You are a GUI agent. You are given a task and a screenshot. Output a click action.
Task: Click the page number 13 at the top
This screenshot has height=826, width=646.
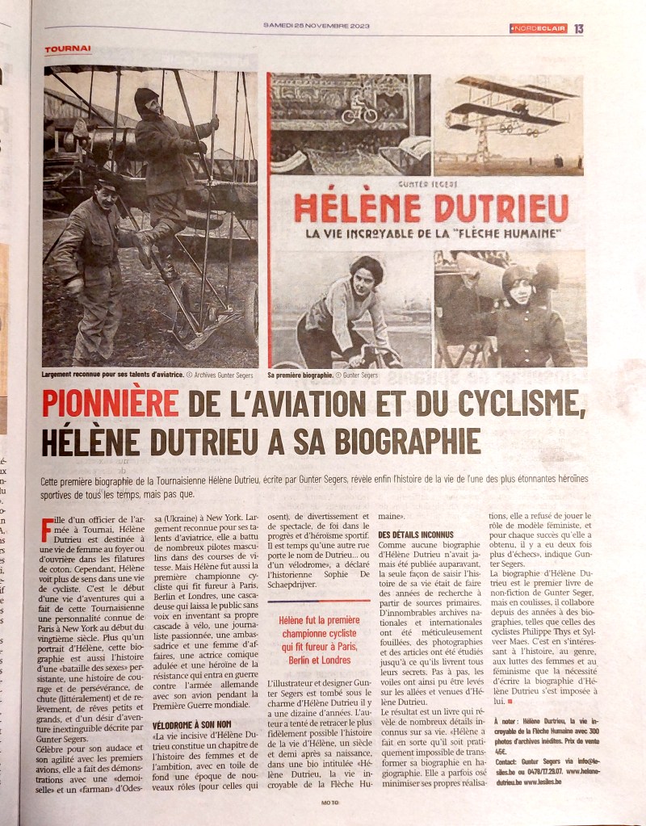coord(579,28)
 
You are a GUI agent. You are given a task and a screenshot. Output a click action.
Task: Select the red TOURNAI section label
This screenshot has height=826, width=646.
coord(68,49)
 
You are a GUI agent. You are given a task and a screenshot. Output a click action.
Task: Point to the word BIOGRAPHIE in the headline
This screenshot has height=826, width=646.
coord(388,441)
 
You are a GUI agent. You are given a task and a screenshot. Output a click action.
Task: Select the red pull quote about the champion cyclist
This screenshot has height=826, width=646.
coord(320,641)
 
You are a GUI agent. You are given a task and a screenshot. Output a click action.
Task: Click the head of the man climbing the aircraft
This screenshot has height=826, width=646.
coord(147,102)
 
